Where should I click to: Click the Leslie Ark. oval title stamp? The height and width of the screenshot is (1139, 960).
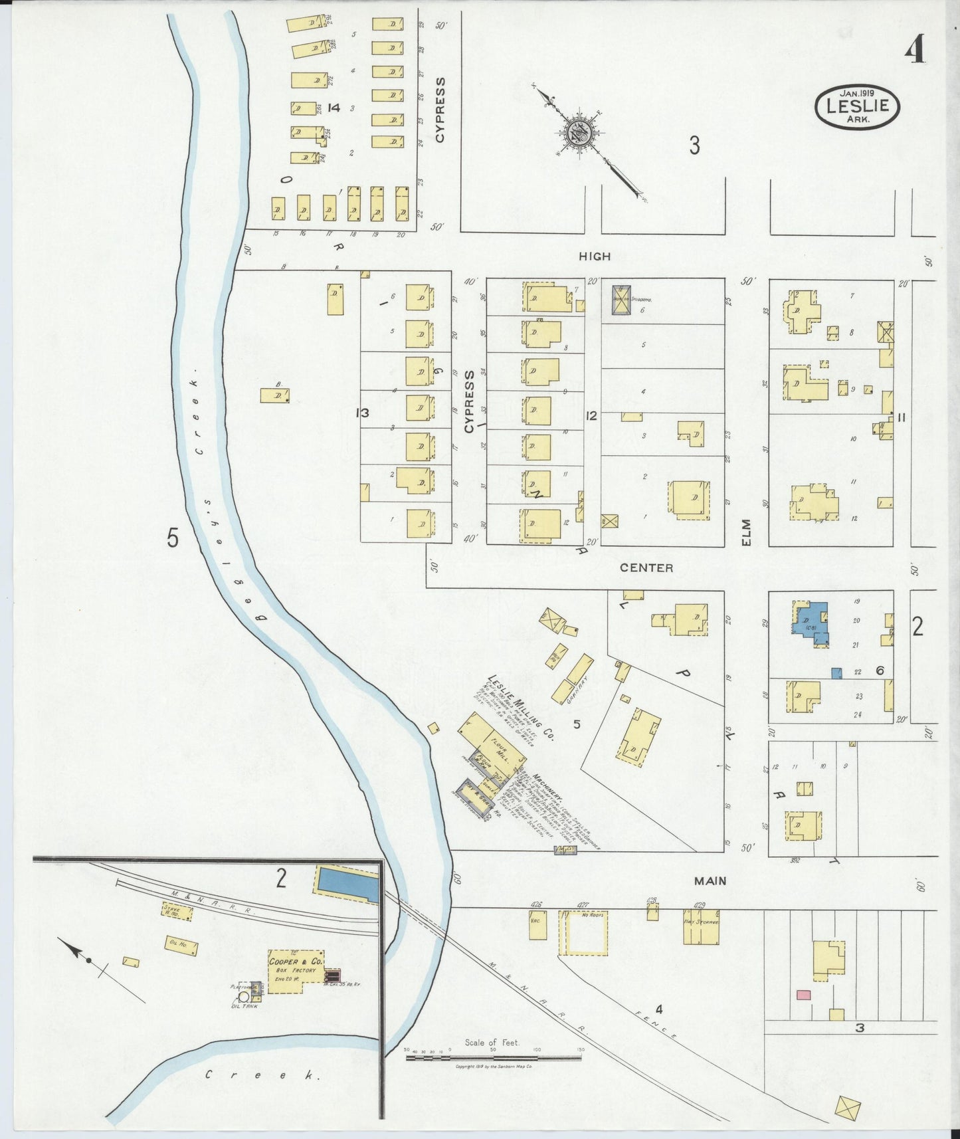[857, 106]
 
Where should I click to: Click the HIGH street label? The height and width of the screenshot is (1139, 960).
[594, 256]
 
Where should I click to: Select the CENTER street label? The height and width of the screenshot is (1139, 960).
[646, 568]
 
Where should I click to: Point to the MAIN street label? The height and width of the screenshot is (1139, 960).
[710, 880]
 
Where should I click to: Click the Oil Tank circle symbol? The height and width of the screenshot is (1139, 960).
[243, 995]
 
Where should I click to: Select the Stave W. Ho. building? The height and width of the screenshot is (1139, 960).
[177, 910]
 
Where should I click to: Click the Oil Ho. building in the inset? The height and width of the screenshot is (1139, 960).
[181, 945]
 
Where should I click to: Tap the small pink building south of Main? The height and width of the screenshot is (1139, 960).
[804, 995]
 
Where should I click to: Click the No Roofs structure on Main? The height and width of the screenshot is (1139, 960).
[584, 932]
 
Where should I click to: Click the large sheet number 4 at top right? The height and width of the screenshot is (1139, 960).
[916, 49]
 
